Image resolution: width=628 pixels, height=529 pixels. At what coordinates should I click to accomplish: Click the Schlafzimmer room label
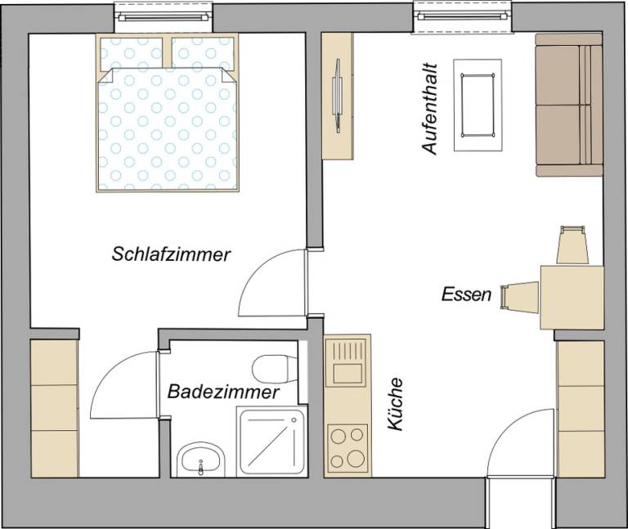(x=171, y=254)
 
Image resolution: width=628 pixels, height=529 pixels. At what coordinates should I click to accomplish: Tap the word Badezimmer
(x=223, y=392)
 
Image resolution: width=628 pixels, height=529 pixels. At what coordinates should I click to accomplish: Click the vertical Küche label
(x=396, y=404)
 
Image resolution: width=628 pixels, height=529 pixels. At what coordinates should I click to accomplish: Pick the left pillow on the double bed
(x=132, y=55)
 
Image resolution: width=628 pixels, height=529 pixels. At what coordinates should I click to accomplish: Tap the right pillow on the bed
(x=204, y=55)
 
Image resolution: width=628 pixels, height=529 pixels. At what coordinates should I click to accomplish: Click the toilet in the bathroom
(x=273, y=369)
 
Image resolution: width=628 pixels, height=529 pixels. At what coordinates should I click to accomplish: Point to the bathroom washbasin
(x=200, y=460)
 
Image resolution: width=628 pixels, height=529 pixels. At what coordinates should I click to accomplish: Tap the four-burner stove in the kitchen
(x=347, y=447)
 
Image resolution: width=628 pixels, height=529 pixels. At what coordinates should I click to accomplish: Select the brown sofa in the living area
(x=569, y=105)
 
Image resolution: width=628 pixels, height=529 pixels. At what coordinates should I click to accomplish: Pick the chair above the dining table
(x=572, y=245)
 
